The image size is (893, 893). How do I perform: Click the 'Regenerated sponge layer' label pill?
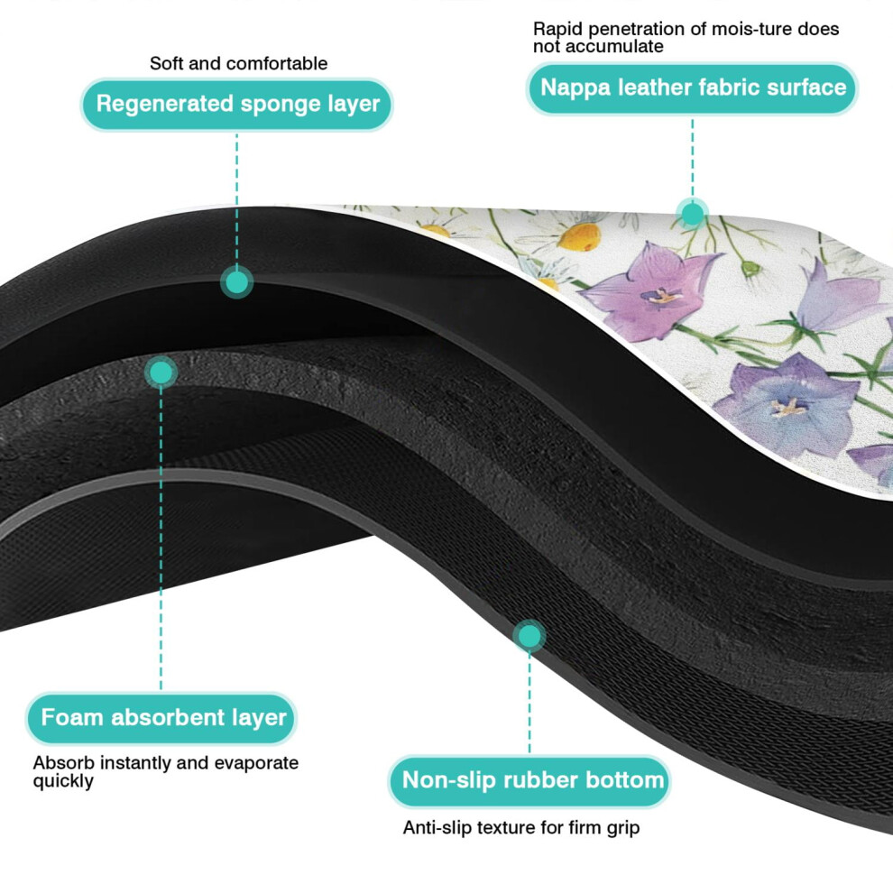[237, 105]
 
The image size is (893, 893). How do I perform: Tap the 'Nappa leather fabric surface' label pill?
[692, 88]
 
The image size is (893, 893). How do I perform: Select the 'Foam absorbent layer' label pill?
[161, 718]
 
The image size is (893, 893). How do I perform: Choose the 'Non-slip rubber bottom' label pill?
[529, 781]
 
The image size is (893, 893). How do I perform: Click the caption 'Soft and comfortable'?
[239, 63]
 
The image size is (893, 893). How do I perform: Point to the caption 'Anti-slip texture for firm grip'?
[521, 827]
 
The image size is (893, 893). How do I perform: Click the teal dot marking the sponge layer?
[237, 281]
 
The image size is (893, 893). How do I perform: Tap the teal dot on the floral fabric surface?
[693, 214]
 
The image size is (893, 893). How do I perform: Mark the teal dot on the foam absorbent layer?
[161, 373]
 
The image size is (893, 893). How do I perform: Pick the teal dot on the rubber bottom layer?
[529, 636]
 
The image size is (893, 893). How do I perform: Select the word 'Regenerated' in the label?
[164, 105]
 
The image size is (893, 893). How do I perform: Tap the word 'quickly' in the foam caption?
[63, 781]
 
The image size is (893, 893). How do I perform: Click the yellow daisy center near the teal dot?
[579, 235]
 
